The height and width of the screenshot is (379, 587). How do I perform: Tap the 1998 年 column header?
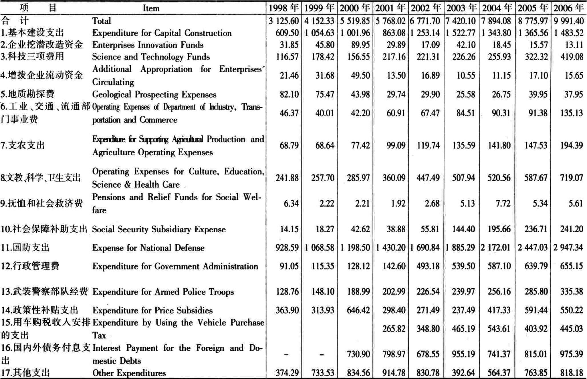tap(284, 8)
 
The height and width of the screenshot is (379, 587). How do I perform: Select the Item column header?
tap(151, 8)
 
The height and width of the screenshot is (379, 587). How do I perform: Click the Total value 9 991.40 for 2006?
tap(568, 21)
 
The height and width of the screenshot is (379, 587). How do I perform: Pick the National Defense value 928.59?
tap(287, 247)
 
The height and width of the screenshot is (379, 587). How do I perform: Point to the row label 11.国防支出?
tap(25, 247)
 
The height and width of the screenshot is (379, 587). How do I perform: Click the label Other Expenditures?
tap(129, 373)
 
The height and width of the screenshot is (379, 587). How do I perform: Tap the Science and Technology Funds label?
tap(151, 57)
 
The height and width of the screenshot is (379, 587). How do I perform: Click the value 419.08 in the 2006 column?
tap(572, 57)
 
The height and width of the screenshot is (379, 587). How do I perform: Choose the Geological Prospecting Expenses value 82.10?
tap(289, 94)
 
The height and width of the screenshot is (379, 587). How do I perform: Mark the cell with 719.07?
tap(572, 178)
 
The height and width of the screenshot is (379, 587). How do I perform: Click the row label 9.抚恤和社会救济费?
tap(42, 203)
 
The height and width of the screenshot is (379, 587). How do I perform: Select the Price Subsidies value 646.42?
tap(358, 310)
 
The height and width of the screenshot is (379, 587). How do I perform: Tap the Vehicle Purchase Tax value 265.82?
tap(394, 329)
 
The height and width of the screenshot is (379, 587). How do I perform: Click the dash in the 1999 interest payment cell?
tap(322, 355)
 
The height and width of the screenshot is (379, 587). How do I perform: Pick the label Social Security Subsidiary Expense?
tap(159, 229)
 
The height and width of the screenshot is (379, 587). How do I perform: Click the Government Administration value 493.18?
tap(428, 266)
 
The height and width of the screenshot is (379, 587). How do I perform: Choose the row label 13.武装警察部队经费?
tap(44, 291)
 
